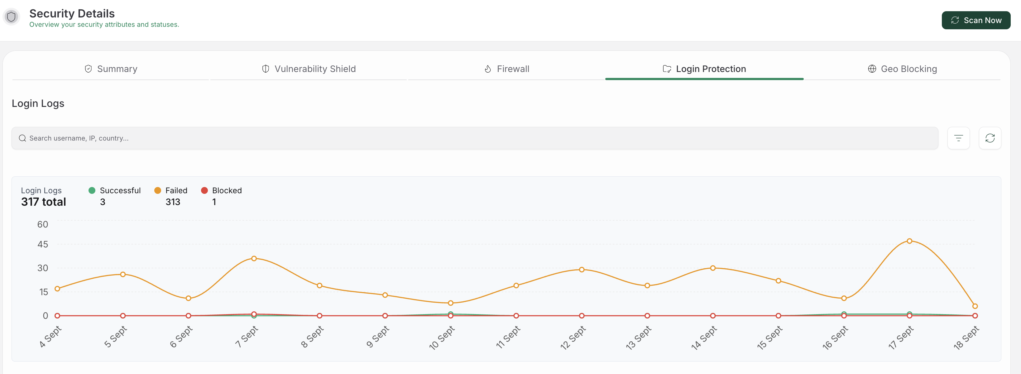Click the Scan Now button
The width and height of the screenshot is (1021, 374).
tap(976, 20)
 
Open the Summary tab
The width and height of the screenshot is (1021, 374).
tap(111, 69)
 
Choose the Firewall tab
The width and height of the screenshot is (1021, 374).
tap(506, 69)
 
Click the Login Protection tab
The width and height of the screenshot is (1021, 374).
tap(704, 69)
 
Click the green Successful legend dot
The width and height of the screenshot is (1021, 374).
tap(92, 190)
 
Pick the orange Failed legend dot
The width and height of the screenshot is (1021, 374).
tap(157, 190)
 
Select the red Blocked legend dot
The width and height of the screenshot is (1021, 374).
tap(204, 190)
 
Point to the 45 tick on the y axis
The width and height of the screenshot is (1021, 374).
tap(43, 244)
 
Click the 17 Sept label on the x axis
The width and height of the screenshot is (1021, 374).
tap(901, 337)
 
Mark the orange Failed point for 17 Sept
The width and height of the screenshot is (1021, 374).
tap(909, 241)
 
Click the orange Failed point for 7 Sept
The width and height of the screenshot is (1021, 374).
tap(254, 259)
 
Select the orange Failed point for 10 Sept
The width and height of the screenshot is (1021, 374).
tap(451, 303)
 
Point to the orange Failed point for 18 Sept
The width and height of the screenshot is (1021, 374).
tap(975, 306)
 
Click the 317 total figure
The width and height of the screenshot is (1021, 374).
tap(44, 202)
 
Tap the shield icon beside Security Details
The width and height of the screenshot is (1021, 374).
tap(12, 17)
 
